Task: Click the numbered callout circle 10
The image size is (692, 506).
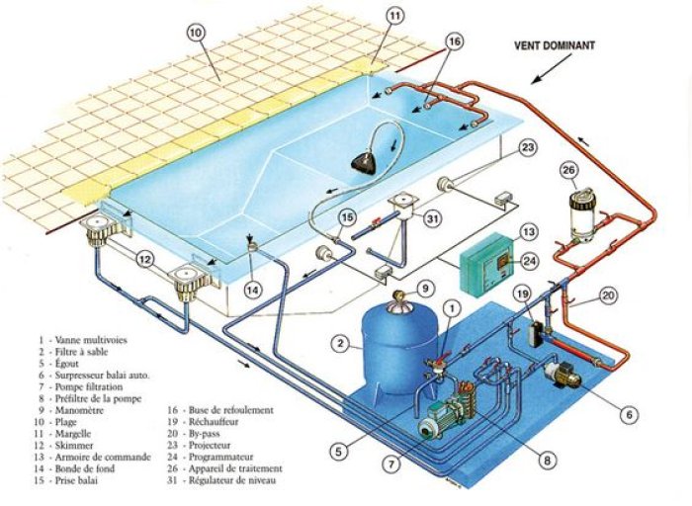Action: [195, 32]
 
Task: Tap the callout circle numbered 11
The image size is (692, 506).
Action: [394, 16]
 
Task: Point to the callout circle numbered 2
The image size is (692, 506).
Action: [339, 344]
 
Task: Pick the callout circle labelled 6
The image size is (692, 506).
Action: [629, 416]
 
